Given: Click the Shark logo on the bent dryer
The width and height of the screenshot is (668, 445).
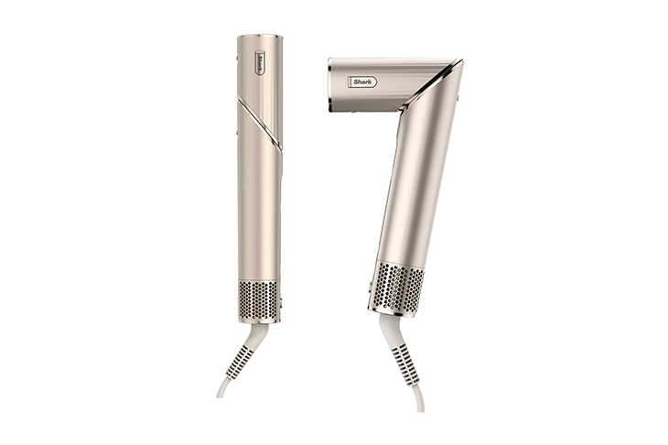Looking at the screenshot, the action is pyautogui.click(x=362, y=81).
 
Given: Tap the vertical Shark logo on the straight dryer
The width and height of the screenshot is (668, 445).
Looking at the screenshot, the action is pyautogui.click(x=260, y=64).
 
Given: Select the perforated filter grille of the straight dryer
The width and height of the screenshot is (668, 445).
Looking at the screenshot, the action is pyautogui.click(x=259, y=299).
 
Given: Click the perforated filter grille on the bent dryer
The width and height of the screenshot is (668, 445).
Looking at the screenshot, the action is pyautogui.click(x=397, y=287).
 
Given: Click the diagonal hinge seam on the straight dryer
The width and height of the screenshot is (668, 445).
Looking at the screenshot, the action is pyautogui.click(x=260, y=124).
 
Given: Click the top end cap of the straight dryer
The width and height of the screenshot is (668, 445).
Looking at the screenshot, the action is pyautogui.click(x=260, y=37).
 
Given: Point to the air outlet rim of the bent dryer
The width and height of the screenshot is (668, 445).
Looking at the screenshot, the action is pyautogui.click(x=329, y=85).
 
